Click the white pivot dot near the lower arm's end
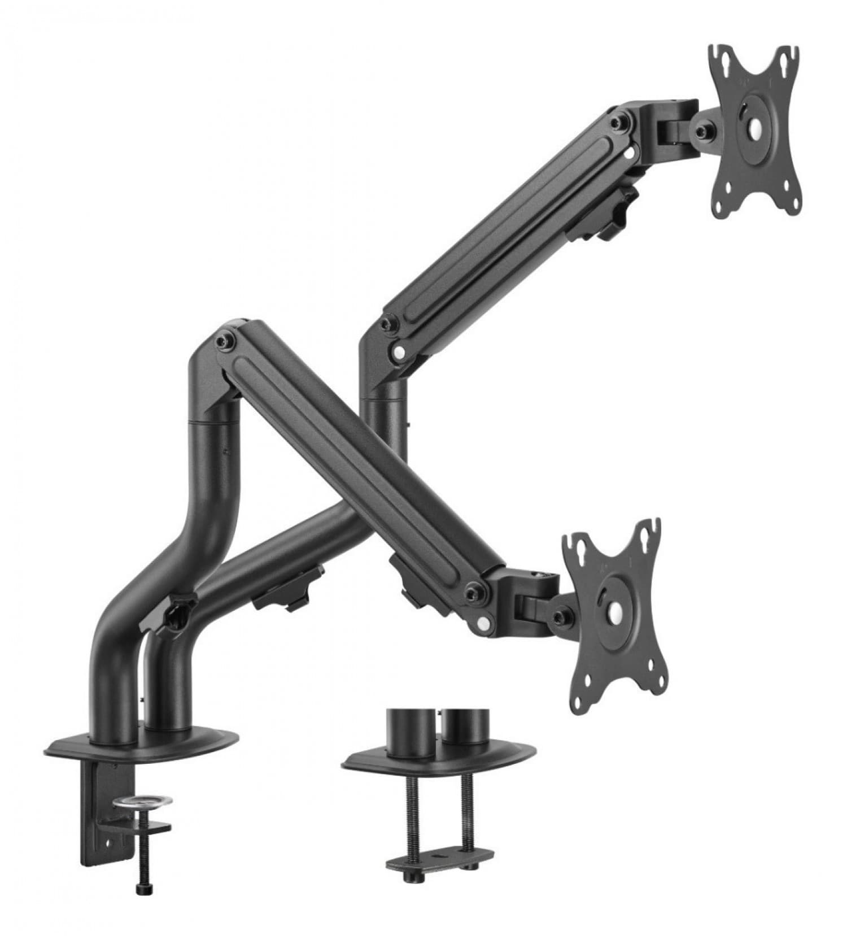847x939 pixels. [483, 622]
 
